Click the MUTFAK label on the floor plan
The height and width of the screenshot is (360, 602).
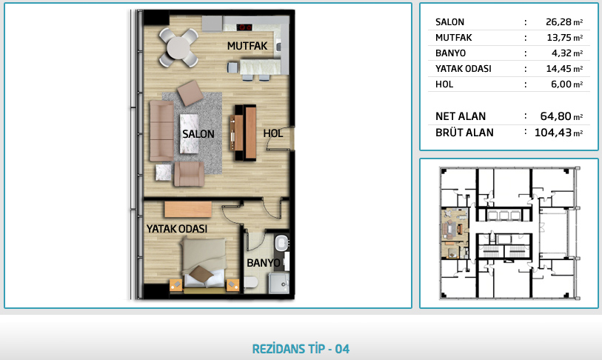(247, 46)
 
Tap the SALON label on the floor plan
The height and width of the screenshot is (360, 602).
(198, 134)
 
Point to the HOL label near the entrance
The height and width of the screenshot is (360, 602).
(273, 133)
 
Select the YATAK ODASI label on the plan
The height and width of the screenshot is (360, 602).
(177, 229)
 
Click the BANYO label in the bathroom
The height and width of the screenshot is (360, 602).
(264, 263)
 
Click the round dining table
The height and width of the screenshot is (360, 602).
(178, 47)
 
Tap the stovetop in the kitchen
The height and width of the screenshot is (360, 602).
(244, 27)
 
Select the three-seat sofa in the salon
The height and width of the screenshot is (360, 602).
(161, 130)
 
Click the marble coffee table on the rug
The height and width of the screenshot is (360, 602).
(190, 133)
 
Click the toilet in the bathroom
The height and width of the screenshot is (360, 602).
(251, 283)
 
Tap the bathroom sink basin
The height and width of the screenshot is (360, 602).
(281, 243)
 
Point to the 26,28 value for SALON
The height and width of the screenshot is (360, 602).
(558, 22)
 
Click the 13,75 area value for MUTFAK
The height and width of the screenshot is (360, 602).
(559, 38)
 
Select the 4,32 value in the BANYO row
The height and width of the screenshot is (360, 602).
(562, 53)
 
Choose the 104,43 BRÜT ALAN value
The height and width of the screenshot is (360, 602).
(553, 133)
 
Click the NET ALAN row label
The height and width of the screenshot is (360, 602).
(461, 116)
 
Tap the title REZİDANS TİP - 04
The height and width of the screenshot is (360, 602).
(301, 349)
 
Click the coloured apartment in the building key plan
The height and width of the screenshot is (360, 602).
(455, 233)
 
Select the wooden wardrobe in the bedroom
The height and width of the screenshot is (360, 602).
(188, 210)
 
